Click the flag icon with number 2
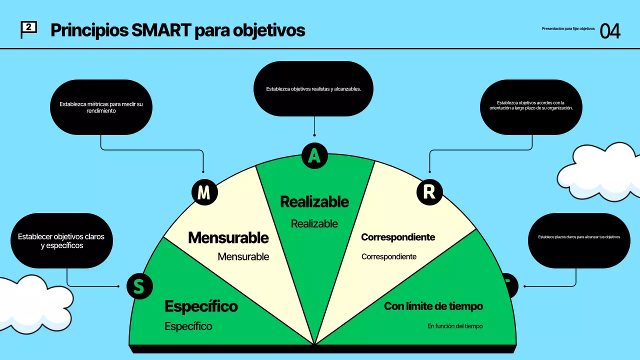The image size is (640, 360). pyautogui.click(x=28, y=29)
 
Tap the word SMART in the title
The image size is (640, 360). pyautogui.click(x=161, y=30)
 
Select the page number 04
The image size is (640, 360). pyautogui.click(x=609, y=31)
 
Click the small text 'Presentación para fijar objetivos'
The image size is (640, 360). pyautogui.click(x=568, y=28)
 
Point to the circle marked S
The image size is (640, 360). pyautogui.click(x=139, y=286)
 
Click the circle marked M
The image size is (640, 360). pyautogui.click(x=204, y=192)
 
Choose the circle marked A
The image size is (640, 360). pyautogui.click(x=314, y=155)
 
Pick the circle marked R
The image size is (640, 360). pyautogui.click(x=429, y=192)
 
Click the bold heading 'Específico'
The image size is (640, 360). pyautogui.click(x=201, y=306)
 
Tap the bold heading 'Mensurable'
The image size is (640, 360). pyautogui.click(x=228, y=237)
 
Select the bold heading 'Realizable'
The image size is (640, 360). pyautogui.click(x=314, y=201)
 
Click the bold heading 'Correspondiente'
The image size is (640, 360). pyautogui.click(x=398, y=237)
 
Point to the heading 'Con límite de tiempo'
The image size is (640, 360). pyautogui.click(x=433, y=306)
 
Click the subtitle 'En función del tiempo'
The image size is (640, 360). pyautogui.click(x=455, y=326)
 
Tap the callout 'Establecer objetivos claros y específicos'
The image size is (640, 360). pyautogui.click(x=61, y=240)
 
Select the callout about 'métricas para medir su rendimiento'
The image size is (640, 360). pyautogui.click(x=101, y=107)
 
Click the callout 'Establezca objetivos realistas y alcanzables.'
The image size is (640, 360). pyautogui.click(x=313, y=88)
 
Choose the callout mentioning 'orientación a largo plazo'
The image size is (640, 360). pyautogui.click(x=531, y=107)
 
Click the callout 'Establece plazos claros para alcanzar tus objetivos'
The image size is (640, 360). pyautogui.click(x=579, y=240)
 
